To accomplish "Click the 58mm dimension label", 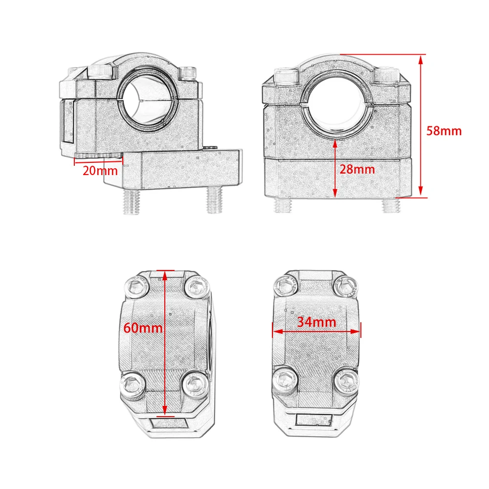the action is [x=444, y=131].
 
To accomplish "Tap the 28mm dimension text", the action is [x=357, y=169].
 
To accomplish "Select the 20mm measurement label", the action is [x=100, y=171].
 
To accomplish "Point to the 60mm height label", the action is [x=143, y=328].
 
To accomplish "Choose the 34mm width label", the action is [x=316, y=322].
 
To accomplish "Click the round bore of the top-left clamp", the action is [x=148, y=99].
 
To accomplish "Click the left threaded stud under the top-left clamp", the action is [x=131, y=201].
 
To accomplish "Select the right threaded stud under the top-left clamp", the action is [x=215, y=200].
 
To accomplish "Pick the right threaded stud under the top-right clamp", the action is [x=391, y=205].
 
